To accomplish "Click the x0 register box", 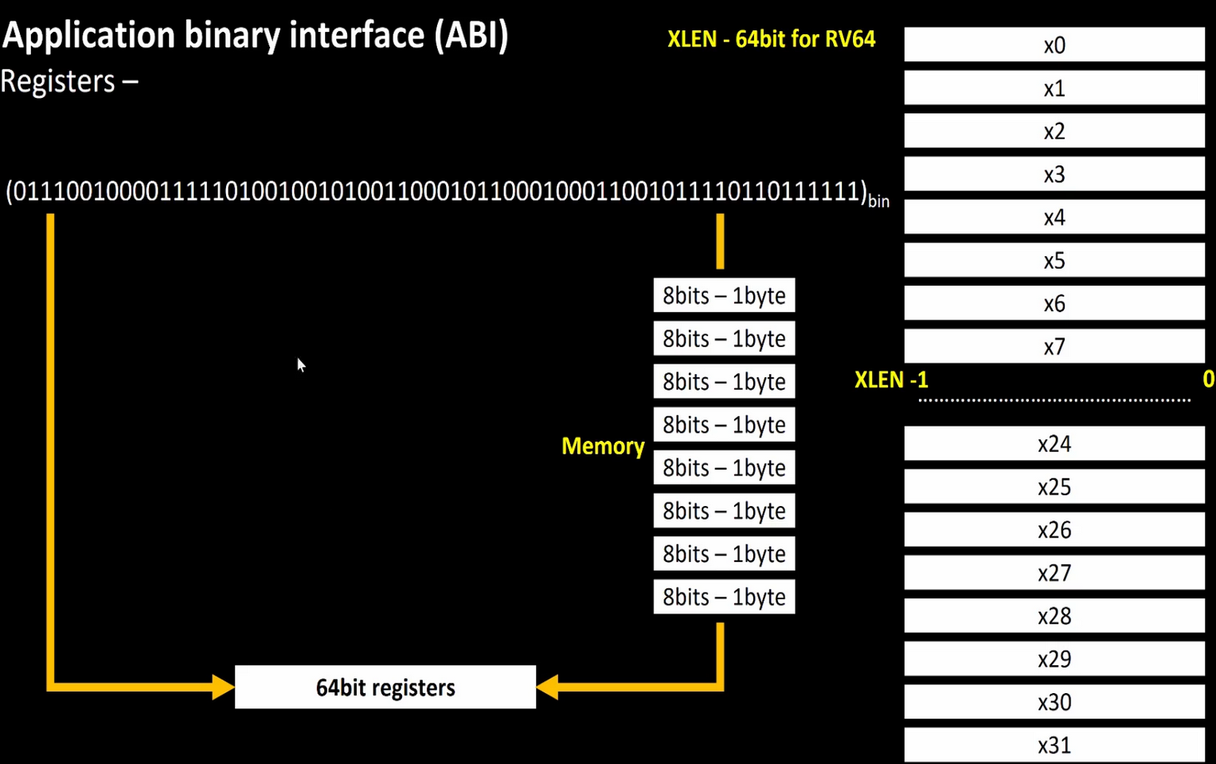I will (1054, 45).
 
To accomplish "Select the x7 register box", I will (1054, 347).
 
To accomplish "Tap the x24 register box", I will (1054, 444).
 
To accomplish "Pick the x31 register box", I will (1054, 746).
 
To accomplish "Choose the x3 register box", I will (1054, 174).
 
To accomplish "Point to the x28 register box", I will (1054, 616).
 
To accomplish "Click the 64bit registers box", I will (385, 687).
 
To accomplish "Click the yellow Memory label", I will (603, 446).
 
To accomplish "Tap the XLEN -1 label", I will (891, 380).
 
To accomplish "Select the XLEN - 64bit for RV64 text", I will (771, 39).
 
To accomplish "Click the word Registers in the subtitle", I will (58, 81).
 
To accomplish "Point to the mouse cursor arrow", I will (300, 364).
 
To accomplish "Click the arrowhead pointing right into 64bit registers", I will (224, 687).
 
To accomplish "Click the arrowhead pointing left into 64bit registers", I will (548, 687).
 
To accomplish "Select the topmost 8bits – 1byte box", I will (724, 295).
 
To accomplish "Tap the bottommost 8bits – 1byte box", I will (724, 597).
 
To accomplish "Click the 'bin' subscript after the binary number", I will (878, 201).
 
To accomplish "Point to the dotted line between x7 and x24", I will (1054, 400).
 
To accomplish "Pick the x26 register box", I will (1054, 530).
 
